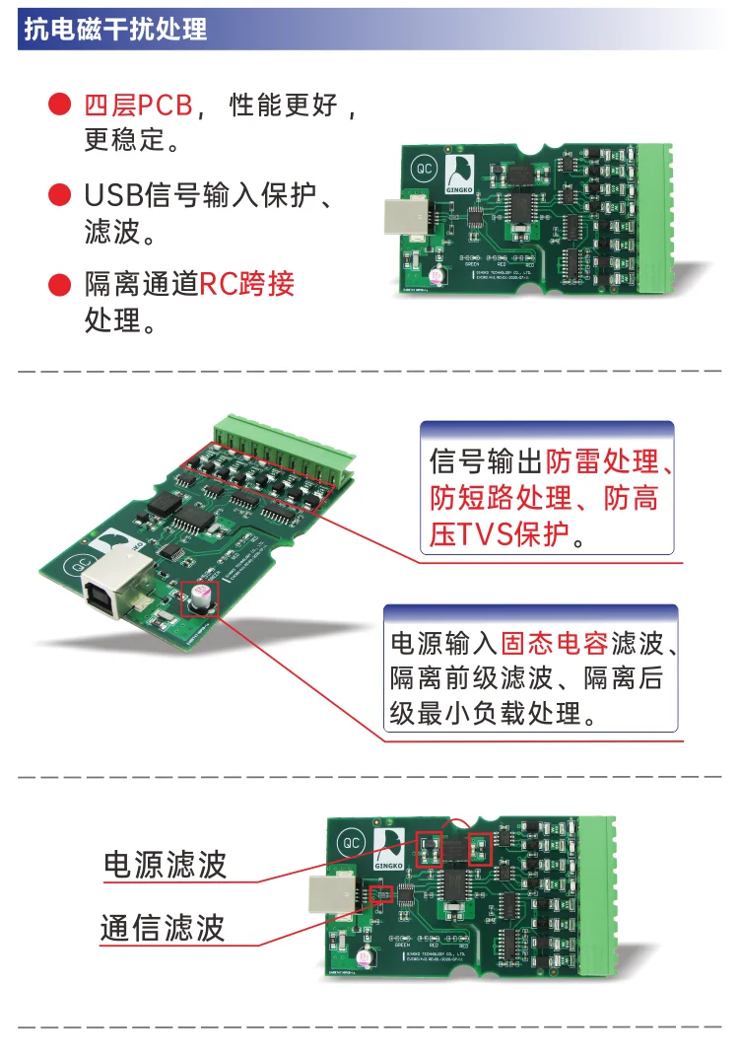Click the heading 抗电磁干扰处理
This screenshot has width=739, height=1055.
click(x=114, y=30)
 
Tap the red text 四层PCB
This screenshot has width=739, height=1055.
click(x=138, y=105)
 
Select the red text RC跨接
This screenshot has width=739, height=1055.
click(x=247, y=285)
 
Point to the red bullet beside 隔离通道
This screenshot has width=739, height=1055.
click(x=60, y=286)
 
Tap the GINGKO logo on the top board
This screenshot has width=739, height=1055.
click(x=460, y=174)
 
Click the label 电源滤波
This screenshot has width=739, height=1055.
click(x=166, y=865)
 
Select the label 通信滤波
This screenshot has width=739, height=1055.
click(x=163, y=928)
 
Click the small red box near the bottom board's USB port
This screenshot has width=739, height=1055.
click(x=380, y=894)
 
